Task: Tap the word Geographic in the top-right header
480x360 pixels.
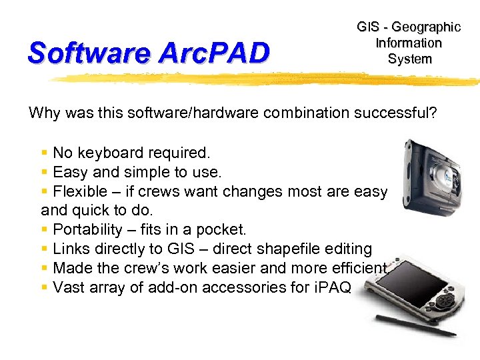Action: point(426,27)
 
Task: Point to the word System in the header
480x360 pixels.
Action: point(409,59)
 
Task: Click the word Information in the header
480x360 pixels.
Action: point(409,43)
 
